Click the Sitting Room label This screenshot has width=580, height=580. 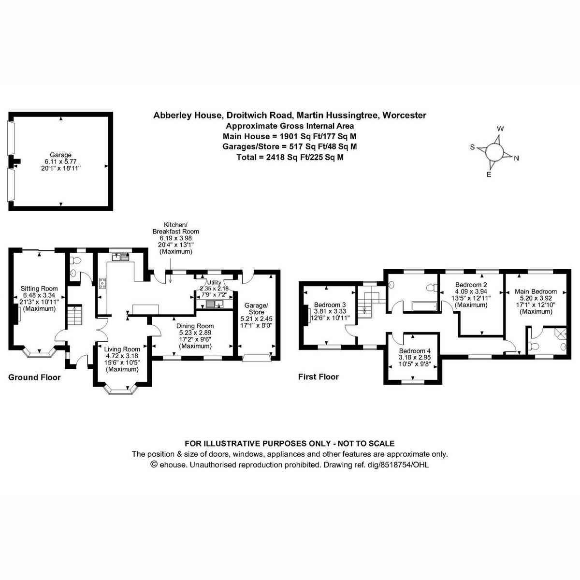click(39, 289)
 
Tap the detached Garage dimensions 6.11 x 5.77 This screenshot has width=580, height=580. click(60, 161)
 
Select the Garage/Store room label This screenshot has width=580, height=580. click(256, 309)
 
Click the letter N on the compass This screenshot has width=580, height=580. click(516, 158)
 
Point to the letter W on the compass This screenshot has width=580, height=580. click(501, 129)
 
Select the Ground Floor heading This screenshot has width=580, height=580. click(34, 377)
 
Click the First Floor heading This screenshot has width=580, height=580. click(319, 377)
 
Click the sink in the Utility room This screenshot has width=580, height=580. click(213, 304)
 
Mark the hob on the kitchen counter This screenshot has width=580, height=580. click(102, 283)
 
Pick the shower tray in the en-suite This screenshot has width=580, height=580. click(561, 333)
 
